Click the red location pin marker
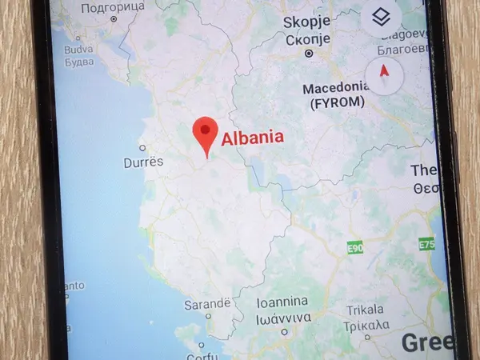click(206, 134)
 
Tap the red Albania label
click(252, 138)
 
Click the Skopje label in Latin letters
click(307, 20)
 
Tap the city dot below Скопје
click(308, 54)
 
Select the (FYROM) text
click(334, 102)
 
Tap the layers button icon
click(381, 17)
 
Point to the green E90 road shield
click(355, 250)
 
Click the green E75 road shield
click(427, 244)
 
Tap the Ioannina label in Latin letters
click(282, 302)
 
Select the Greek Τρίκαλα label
click(367, 325)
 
